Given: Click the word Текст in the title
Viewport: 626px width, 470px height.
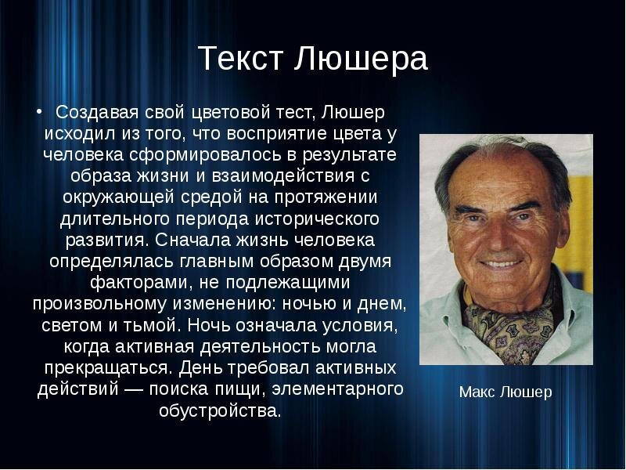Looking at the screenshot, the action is pyautogui.click(x=240, y=58).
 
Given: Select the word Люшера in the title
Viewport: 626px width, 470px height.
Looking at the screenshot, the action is pyautogui.click(x=361, y=58).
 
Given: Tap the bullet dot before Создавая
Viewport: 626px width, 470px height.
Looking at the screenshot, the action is pyautogui.click(x=38, y=111).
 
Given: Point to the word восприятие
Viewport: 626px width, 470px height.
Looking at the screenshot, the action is pyautogui.click(x=277, y=134).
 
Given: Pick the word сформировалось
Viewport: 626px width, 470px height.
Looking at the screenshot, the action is pyautogui.click(x=205, y=155).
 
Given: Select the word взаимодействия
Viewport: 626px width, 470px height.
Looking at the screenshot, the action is pyautogui.click(x=283, y=176).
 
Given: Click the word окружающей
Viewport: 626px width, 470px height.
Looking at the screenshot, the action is pyautogui.click(x=118, y=197).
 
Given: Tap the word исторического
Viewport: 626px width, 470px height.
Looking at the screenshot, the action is pyautogui.click(x=317, y=219).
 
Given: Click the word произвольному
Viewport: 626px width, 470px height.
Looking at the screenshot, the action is pyautogui.click(x=99, y=304).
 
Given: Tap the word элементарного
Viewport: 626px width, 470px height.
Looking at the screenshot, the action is pyautogui.click(x=337, y=389).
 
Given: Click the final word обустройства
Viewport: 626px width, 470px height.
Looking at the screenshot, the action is pyautogui.click(x=220, y=410).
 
